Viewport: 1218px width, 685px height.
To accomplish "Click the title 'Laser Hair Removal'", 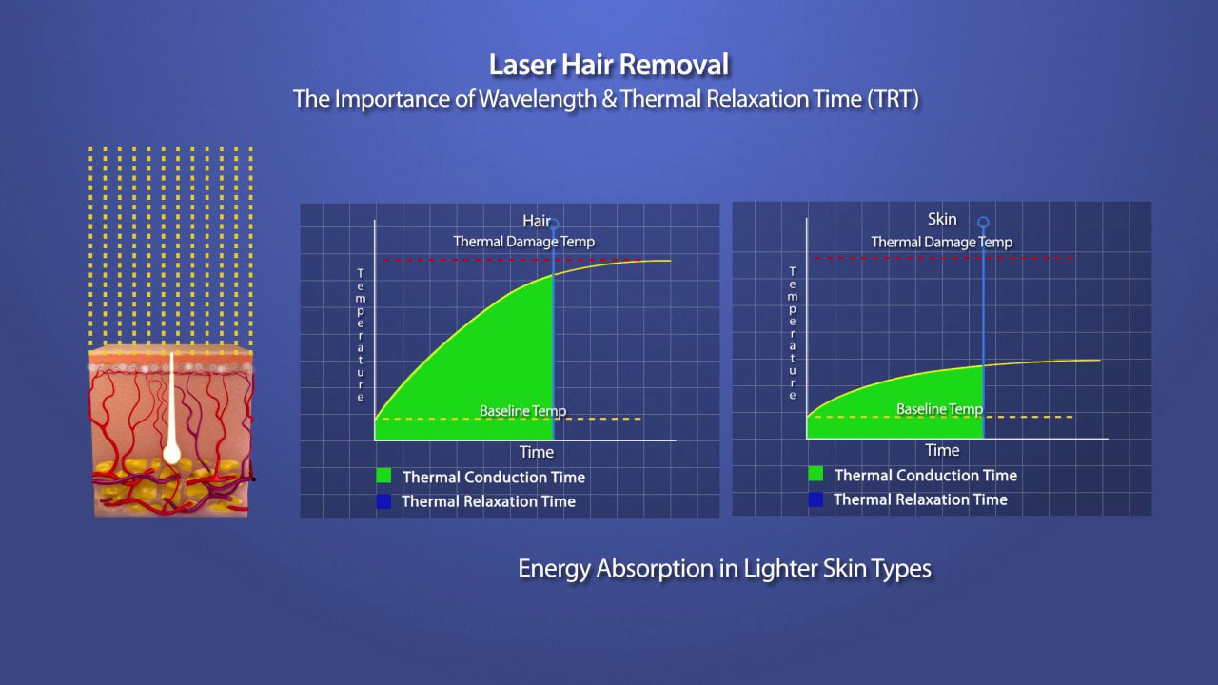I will pos(609,66).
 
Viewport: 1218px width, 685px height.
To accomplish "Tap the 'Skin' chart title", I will pos(941,220).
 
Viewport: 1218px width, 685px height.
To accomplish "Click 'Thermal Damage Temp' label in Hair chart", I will pos(523,242).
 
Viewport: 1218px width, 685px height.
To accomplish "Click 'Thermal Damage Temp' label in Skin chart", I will pos(941,243).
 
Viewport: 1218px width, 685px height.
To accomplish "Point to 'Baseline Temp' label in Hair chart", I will pos(522,411).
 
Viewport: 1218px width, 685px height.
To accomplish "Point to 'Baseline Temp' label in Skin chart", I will pos(939,409).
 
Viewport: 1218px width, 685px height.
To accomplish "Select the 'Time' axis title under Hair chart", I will pos(537,452).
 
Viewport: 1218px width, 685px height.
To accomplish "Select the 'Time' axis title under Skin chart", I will pos(942,450).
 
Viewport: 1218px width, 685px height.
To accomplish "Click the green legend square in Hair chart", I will pos(383,477).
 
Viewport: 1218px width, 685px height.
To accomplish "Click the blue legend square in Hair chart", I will pos(383,500).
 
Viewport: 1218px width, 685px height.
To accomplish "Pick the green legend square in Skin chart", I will pos(815,474).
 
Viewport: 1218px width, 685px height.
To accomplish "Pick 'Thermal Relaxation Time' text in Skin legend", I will pos(920,499).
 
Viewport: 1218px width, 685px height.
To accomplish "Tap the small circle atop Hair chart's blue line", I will pos(554,225).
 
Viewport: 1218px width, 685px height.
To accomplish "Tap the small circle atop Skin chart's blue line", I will pos(983,223).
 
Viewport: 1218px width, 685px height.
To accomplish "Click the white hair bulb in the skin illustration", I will pos(171,453).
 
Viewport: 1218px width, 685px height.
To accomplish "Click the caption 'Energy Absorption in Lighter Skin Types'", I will pos(724,569).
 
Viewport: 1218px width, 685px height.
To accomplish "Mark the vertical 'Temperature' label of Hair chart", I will pos(361,335).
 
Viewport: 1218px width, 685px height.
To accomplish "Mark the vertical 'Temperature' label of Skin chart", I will pos(793,333).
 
